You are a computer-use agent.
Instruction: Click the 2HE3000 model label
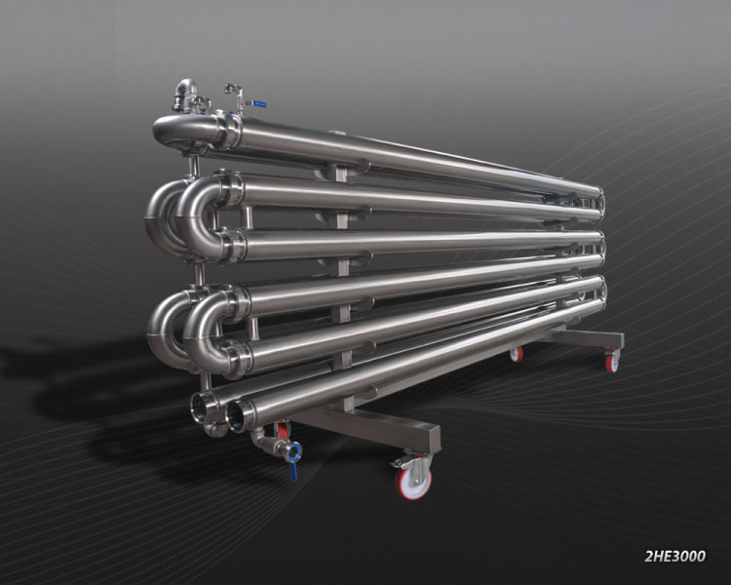pos(674,556)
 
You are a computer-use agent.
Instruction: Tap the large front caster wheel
pos(413,484)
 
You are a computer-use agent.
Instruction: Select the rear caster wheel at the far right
pos(613,361)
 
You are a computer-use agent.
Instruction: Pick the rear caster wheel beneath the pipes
pos(516,355)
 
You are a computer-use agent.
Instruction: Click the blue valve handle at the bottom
pos(293,471)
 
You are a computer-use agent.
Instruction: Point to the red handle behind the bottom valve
pos(282,429)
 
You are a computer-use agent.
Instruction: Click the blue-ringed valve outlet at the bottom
pos(293,451)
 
